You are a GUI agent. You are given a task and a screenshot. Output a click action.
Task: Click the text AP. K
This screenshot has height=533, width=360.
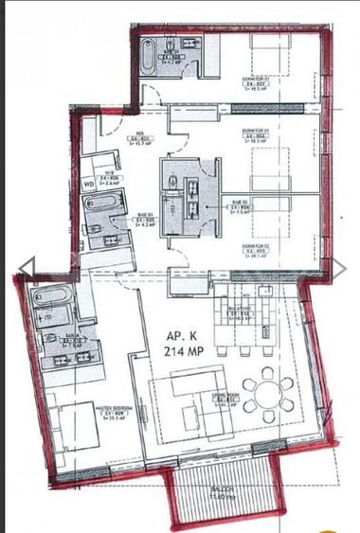coord(183,336)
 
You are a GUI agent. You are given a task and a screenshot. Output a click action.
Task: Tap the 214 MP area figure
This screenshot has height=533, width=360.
coord(184,351)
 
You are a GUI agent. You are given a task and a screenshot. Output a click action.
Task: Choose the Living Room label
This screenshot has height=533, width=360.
coord(225,399)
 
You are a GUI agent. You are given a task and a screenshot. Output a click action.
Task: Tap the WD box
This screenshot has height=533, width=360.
coord(88,185)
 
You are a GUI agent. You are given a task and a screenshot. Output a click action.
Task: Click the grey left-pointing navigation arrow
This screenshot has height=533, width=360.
coord(27,269)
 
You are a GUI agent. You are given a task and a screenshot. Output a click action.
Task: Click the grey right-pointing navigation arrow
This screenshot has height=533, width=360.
coord(337,269)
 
